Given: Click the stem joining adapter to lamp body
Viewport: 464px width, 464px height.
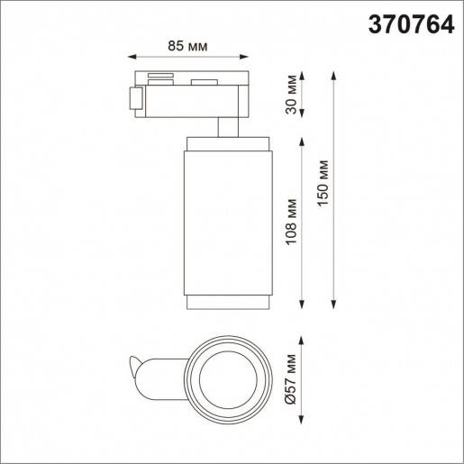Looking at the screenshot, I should pyautogui.click(x=226, y=124).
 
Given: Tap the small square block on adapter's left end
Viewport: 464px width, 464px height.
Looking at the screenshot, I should pyautogui.click(x=136, y=99).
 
